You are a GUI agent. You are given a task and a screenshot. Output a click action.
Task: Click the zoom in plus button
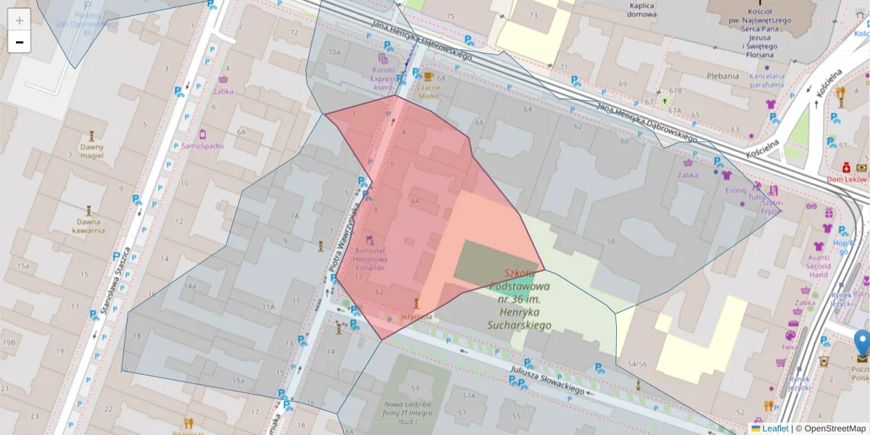(x=20, y=20)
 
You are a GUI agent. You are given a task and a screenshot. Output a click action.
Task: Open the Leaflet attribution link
(x=774, y=428)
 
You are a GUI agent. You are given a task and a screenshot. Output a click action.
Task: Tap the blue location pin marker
(x=862, y=343)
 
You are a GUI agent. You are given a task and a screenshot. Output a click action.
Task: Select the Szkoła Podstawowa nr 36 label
(x=518, y=299)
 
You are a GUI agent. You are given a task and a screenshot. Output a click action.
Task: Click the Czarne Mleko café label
(x=428, y=91)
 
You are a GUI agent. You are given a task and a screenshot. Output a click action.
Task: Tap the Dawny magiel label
(x=92, y=151)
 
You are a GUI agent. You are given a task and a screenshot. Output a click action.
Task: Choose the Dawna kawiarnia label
(x=88, y=225)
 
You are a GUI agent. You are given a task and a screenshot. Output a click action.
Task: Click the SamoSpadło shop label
(x=202, y=145)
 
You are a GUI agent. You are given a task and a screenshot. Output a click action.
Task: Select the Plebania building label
(x=723, y=75)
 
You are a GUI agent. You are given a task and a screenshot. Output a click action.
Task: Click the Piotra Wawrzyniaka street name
(x=344, y=236)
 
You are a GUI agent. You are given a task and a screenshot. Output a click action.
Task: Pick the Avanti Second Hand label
(x=819, y=265)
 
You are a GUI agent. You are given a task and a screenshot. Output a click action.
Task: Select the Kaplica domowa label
(x=642, y=9)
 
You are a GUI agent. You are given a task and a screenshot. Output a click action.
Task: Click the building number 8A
(x=415, y=201)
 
